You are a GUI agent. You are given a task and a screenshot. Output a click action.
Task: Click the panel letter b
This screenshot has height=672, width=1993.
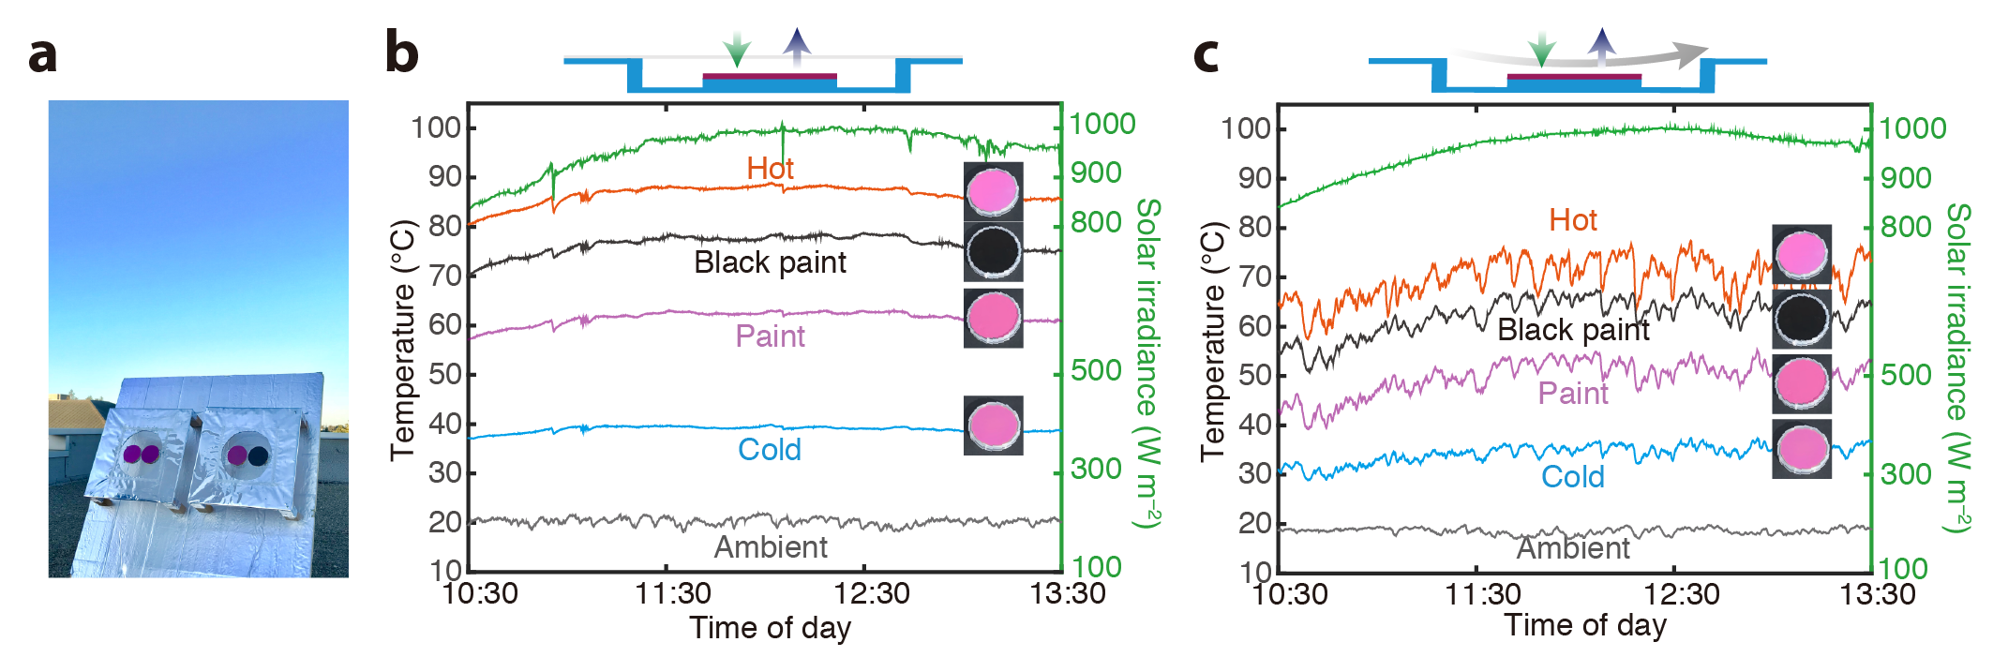tap(402, 52)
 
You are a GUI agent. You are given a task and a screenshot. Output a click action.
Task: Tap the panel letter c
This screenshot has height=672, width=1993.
tap(1206, 54)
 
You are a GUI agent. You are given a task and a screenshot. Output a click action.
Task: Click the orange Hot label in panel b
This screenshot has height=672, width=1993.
tap(770, 169)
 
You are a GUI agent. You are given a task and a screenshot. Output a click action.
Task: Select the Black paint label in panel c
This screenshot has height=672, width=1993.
tap(1573, 330)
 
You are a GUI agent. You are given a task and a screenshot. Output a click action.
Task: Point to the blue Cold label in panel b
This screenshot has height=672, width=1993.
tap(769, 450)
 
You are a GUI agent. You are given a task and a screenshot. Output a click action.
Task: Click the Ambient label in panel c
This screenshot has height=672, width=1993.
tap(1573, 548)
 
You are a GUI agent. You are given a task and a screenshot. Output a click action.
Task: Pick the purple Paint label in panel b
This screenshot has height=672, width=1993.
tap(770, 336)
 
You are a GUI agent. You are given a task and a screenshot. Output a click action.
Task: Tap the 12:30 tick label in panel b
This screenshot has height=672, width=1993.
tap(872, 594)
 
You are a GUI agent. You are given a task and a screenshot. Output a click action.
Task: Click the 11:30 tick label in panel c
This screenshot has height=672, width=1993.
tap(1483, 594)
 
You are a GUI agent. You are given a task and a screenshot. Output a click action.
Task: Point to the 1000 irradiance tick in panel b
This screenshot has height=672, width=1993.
tap(1102, 124)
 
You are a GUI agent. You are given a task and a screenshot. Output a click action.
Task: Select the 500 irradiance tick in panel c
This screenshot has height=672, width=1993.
tap(1906, 375)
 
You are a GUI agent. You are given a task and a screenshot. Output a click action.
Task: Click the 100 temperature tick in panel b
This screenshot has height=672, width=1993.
tap(436, 127)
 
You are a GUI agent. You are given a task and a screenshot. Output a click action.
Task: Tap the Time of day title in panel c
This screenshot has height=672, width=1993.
tap(1585, 625)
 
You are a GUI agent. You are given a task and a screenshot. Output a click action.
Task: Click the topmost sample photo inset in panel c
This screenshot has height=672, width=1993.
tap(1801, 254)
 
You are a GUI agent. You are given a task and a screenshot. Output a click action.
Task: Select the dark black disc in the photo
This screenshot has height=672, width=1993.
tap(258, 455)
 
